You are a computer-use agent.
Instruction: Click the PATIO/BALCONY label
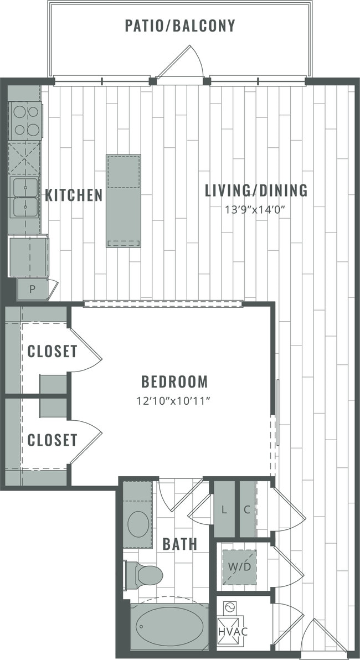179,26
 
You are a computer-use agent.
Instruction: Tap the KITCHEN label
74,195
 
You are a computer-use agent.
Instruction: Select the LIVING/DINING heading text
256,191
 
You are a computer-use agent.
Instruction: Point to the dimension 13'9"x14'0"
256,210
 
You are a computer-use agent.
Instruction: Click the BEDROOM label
174,381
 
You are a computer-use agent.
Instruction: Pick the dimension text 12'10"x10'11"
174,400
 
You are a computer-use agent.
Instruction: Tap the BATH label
179,544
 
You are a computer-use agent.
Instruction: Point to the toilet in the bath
145,575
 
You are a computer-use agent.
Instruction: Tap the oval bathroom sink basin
138,523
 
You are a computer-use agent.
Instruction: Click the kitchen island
124,200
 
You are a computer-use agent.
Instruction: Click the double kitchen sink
25,197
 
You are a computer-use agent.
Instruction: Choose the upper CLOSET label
52,352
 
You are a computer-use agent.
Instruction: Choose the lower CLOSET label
52,440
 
